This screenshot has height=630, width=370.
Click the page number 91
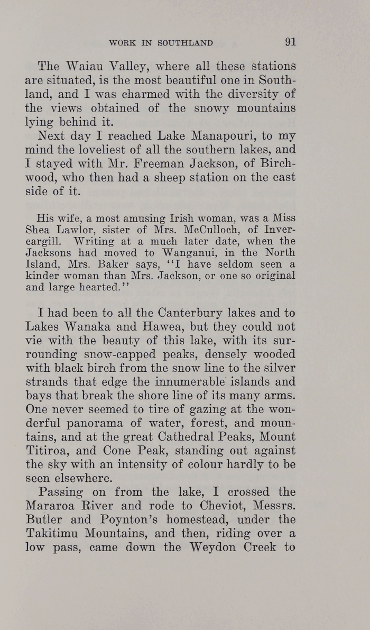point(290,43)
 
